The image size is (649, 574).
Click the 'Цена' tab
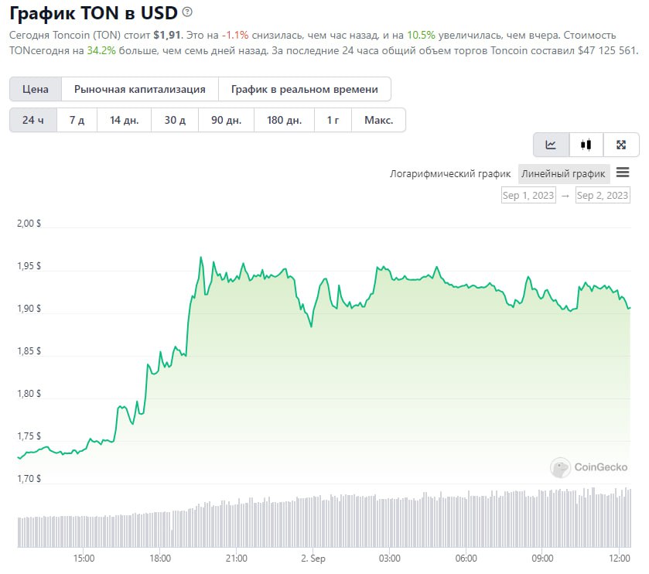click(x=36, y=89)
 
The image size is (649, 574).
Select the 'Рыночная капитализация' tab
click(x=140, y=89)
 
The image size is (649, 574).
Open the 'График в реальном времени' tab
click(x=305, y=89)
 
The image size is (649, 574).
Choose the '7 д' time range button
click(x=77, y=120)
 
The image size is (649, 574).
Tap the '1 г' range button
click(x=333, y=120)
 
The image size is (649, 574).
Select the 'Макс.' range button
click(x=378, y=120)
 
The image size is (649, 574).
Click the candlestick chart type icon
click(x=586, y=145)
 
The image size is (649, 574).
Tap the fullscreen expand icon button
click(x=620, y=145)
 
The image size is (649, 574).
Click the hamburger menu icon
click(x=623, y=173)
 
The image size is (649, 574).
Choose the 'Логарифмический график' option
click(x=450, y=174)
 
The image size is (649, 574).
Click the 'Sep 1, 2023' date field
click(x=528, y=196)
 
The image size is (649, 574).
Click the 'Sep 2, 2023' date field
click(x=603, y=196)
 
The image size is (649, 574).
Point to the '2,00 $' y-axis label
click(x=28, y=224)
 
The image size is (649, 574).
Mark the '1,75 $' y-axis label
click(x=28, y=436)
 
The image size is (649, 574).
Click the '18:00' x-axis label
click(x=159, y=558)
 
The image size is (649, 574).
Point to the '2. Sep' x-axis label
click(x=313, y=558)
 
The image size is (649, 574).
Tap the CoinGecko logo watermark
click(x=589, y=467)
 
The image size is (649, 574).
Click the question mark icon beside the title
click(x=188, y=12)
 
